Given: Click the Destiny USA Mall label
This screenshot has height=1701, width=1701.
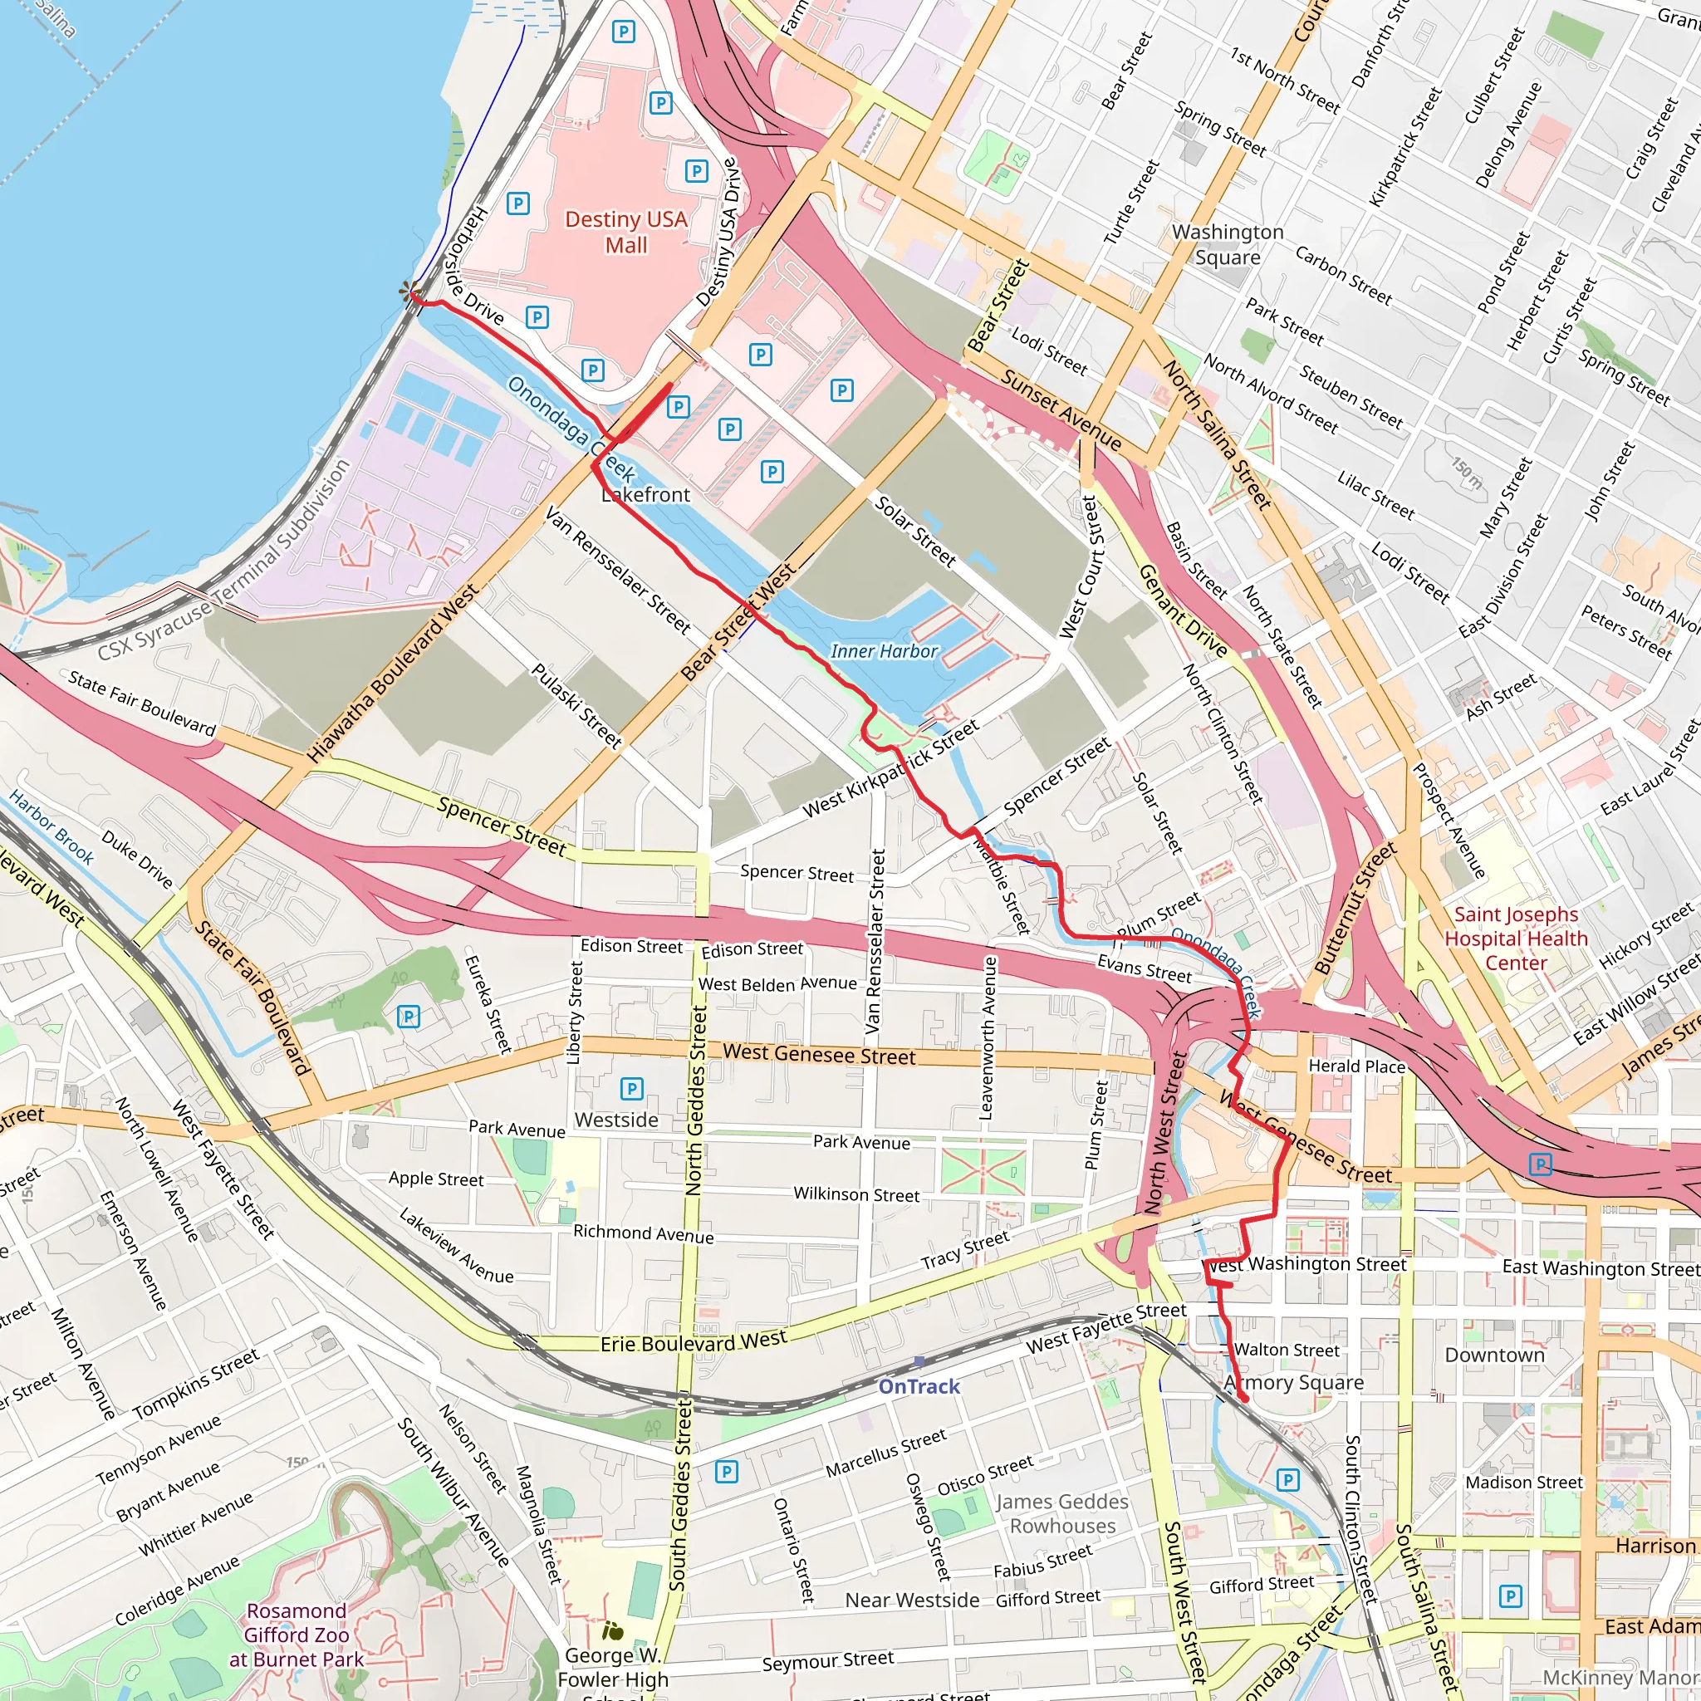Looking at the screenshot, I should click(x=626, y=232).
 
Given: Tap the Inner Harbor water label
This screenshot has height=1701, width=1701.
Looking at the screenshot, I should click(x=884, y=651).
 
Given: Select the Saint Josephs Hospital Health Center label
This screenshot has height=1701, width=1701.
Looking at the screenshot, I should click(x=1516, y=939).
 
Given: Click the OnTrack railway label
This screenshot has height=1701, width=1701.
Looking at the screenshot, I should click(x=919, y=1387).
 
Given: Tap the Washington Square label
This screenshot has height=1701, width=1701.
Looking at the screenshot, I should click(x=1228, y=245).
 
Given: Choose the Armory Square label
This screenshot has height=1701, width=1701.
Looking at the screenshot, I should click(x=1294, y=1383).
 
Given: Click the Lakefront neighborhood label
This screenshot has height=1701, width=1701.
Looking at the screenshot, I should click(x=645, y=495).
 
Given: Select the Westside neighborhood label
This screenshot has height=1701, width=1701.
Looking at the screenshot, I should click(x=616, y=1120).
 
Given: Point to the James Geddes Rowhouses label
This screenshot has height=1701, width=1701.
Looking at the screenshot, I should click(x=1061, y=1513).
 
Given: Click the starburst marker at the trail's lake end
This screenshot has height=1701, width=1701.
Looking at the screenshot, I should click(x=408, y=292).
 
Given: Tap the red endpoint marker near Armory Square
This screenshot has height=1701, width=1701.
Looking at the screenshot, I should click(x=1243, y=1399).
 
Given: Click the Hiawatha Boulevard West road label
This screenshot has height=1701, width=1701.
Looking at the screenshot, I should click(x=394, y=673).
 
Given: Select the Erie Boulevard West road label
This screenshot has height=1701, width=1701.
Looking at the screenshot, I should click(x=694, y=1343).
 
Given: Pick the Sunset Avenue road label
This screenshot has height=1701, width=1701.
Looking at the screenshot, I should click(x=1061, y=410).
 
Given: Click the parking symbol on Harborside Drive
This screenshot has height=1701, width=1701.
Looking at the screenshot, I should click(x=537, y=317).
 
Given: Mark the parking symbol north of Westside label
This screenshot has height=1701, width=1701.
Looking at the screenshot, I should click(x=631, y=1089).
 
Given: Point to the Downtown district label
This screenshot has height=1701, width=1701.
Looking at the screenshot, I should click(x=1494, y=1355).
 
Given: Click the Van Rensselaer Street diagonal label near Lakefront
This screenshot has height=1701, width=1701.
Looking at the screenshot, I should click(x=617, y=570).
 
